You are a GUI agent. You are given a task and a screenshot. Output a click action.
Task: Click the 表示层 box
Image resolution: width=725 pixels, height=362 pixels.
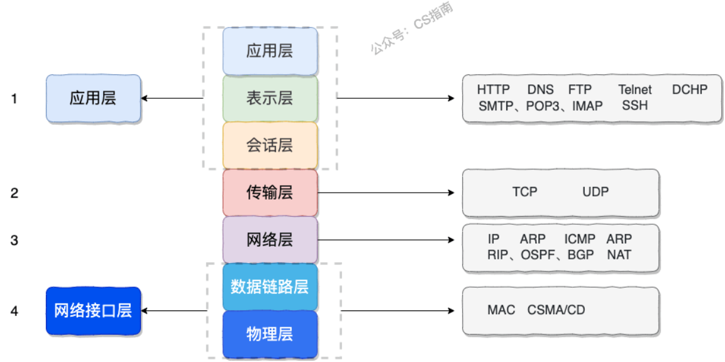[270, 98]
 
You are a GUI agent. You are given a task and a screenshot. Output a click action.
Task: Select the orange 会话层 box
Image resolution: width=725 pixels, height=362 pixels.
[270, 145]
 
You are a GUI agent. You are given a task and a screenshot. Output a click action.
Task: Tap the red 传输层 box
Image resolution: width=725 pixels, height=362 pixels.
[270, 193]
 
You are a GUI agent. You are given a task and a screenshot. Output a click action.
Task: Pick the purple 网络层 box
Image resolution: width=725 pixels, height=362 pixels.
[270, 240]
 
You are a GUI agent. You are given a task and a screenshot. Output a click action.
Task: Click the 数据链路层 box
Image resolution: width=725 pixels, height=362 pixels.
[270, 287]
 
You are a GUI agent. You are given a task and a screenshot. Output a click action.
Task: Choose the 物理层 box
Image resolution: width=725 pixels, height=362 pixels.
[270, 334]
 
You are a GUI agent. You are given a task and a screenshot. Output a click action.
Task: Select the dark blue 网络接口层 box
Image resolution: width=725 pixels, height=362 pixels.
[93, 310]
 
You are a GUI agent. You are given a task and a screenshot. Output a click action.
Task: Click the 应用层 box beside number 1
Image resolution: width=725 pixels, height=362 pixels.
[93, 98]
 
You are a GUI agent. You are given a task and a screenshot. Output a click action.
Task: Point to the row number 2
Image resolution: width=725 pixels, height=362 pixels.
[15, 193]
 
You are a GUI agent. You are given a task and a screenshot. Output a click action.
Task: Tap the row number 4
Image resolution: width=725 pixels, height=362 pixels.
[15, 311]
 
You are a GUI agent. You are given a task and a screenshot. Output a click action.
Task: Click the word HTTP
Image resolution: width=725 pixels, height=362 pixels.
[494, 89]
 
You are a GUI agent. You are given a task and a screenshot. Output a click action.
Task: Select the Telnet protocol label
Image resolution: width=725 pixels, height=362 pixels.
[635, 89]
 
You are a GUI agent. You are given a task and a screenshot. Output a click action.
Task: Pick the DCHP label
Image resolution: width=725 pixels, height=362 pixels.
[690, 89]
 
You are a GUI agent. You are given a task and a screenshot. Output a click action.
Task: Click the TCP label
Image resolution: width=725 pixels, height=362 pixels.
[525, 191]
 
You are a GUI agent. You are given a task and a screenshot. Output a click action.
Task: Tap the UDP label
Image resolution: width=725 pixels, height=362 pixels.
[595, 191]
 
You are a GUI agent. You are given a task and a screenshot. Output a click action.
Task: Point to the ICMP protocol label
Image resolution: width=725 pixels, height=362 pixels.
[580, 239]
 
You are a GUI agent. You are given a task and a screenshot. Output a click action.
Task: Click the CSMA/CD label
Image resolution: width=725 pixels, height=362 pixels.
[556, 310]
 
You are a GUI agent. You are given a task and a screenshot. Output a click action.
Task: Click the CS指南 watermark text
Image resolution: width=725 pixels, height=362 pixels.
[433, 14]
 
